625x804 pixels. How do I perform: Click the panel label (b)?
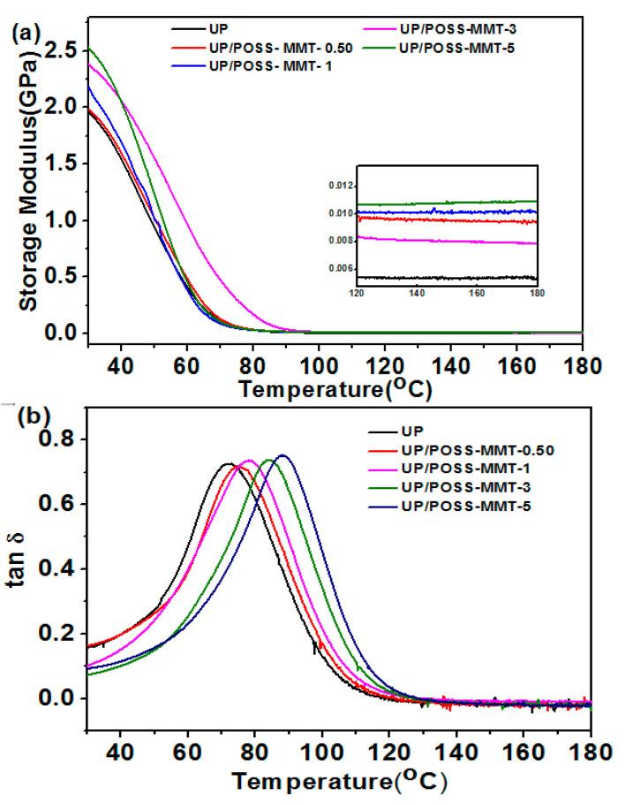click(x=24, y=416)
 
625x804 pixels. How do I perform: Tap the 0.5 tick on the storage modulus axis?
click(x=60, y=277)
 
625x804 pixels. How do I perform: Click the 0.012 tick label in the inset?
click(x=342, y=185)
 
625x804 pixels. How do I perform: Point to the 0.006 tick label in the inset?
click(x=342, y=267)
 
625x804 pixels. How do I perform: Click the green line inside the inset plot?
click(x=441, y=202)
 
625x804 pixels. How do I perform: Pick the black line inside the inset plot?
click(x=441, y=277)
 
